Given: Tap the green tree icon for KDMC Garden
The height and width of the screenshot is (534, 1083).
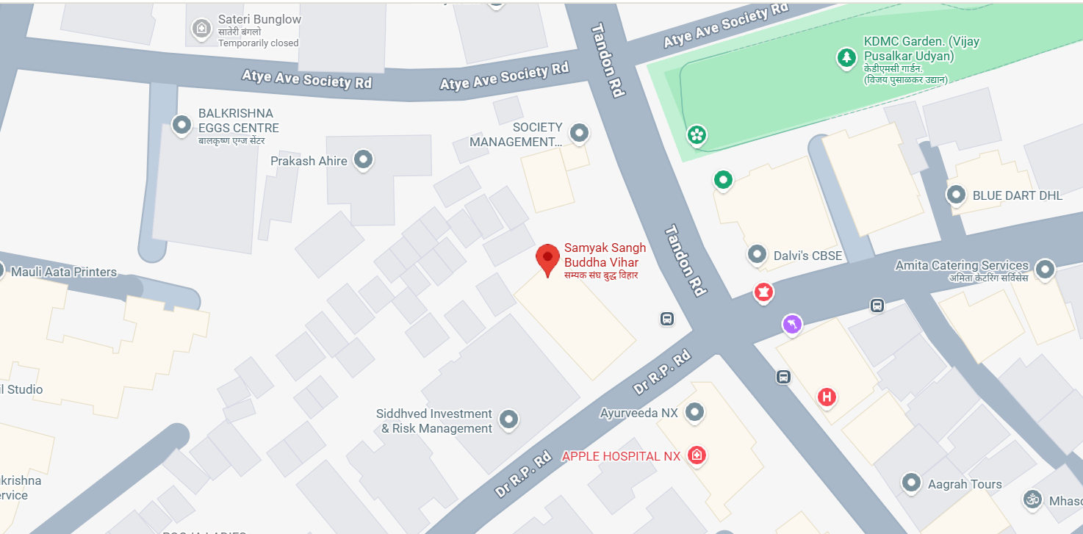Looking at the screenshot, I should point(847,57).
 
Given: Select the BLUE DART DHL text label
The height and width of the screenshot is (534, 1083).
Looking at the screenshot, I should point(1018,195).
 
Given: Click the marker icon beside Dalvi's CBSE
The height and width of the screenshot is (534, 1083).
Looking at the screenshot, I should point(757,255).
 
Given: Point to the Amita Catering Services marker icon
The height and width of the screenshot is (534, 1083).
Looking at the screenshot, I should point(1044,268).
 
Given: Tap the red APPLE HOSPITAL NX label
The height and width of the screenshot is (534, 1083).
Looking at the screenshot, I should point(621,456).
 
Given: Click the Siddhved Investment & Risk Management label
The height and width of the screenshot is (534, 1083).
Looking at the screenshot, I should point(434,421).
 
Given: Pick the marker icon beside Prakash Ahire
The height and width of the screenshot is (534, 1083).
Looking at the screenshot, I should point(363,159).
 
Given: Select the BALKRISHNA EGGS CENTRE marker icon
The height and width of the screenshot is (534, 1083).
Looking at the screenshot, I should point(181,125).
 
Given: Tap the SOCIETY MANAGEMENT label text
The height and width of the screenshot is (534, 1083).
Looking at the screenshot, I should point(516,134).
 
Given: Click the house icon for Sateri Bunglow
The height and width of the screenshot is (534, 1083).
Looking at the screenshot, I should point(201,29).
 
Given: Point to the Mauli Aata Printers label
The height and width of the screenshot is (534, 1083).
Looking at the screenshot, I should point(64,272).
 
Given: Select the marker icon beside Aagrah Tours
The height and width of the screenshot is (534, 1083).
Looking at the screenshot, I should point(912,482).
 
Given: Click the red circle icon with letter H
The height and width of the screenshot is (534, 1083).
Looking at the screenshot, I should point(827,397).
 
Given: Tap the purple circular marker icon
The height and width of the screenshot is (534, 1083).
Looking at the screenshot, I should point(791,323).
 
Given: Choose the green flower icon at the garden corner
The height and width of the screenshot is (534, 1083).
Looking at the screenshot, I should point(697,134).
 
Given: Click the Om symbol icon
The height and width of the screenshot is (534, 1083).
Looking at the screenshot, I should point(1032,499).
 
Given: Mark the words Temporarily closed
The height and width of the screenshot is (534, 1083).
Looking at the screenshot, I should point(258,43).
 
